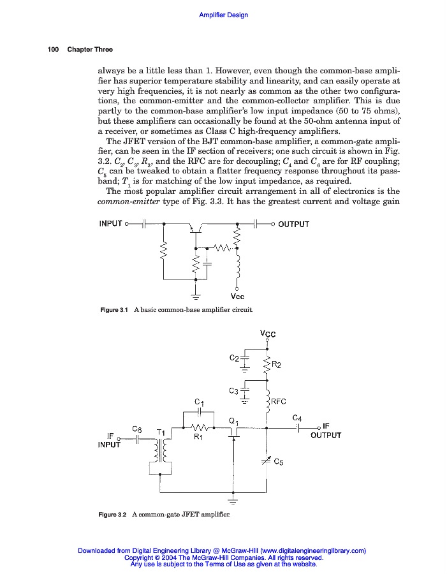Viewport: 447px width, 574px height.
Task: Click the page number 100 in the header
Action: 53,50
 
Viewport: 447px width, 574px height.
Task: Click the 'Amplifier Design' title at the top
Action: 223,15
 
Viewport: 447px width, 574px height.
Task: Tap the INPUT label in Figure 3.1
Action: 111,223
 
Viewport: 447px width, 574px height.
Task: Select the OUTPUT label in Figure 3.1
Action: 293,224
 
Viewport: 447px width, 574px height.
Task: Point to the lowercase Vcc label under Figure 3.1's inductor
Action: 237,297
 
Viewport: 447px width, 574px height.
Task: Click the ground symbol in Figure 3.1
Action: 196,295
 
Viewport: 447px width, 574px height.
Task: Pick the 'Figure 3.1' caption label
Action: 115,310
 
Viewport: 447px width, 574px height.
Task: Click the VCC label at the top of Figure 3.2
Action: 268,334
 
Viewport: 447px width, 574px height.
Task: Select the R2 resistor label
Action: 277,365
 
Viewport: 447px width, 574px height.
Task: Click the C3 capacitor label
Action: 233,390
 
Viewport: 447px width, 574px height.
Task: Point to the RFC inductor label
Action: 279,402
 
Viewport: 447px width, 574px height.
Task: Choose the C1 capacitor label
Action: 200,402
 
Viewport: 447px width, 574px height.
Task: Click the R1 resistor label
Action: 198,437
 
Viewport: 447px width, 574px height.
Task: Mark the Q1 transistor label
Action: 233,421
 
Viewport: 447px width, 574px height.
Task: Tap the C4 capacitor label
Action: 297,418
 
